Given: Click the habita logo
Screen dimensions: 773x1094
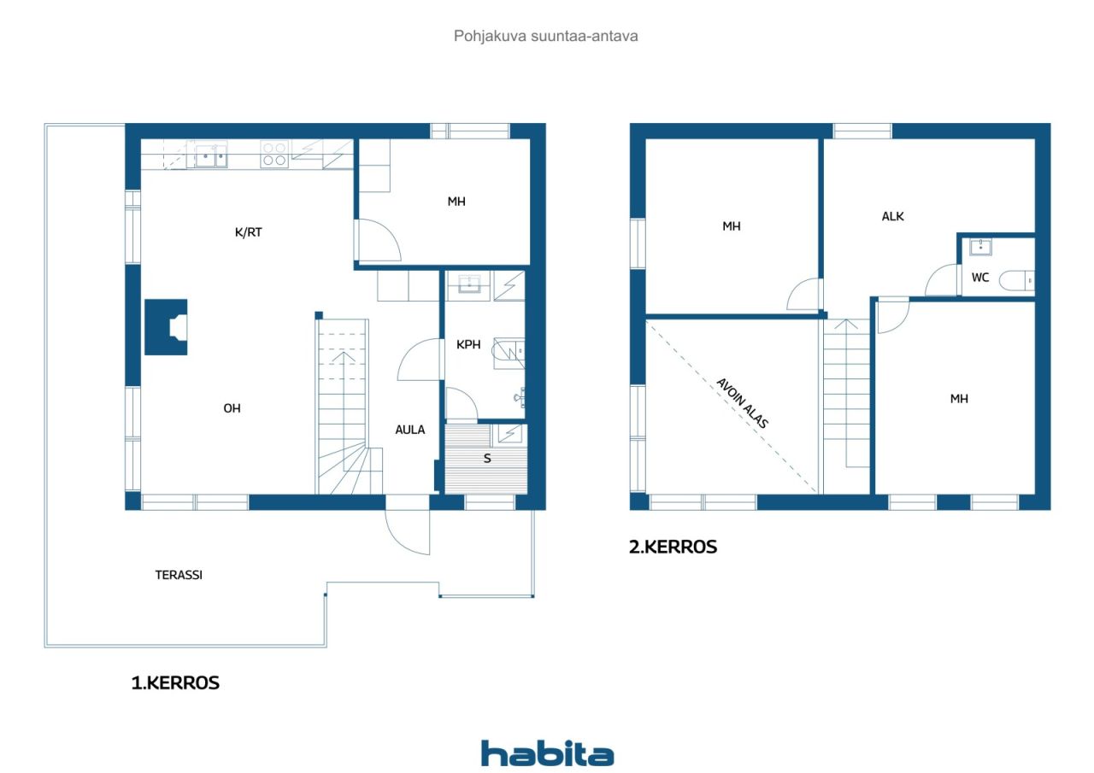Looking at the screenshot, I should point(547,753).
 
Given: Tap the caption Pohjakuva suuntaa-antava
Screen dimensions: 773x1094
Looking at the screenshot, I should point(546,36).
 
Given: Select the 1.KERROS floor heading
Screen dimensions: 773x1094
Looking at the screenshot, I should point(174,682).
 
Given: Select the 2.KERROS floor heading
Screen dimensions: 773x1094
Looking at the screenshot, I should point(673,548).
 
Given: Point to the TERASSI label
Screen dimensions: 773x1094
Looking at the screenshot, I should point(179,575).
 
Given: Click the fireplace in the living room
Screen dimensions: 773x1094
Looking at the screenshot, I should point(167,326).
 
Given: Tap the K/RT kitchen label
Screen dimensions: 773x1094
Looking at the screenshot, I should point(248,232).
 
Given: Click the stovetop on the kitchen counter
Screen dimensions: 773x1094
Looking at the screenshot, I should point(273,155).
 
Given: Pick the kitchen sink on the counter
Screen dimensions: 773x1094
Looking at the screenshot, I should point(209,155).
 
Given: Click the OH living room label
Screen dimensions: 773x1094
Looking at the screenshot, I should point(232,408).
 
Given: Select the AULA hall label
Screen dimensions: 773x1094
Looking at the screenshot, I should point(409,430).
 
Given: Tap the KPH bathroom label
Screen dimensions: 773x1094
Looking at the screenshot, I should point(468,345).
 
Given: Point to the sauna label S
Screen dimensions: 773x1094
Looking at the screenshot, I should point(487,458).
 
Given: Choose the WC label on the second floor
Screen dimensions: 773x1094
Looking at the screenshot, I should point(979,278).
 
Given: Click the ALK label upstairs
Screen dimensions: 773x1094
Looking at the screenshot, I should point(892,216).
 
